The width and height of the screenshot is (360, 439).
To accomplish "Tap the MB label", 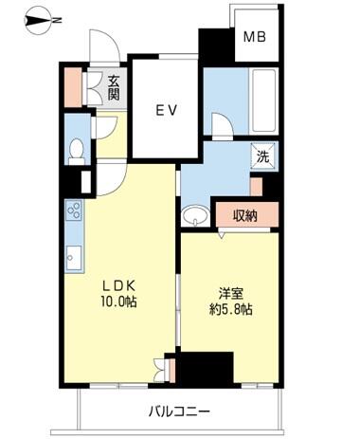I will (x=254, y=39).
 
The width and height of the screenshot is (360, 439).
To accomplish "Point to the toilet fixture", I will (x=76, y=150).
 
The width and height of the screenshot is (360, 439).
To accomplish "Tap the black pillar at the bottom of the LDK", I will (x=205, y=368).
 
